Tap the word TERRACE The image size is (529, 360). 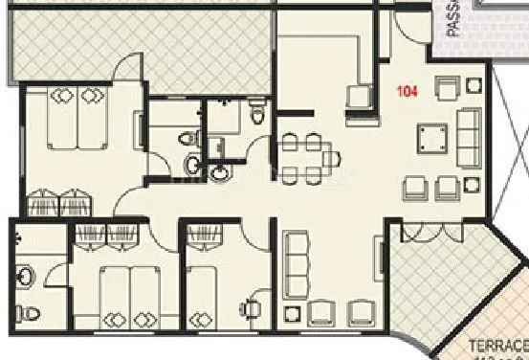[x=497, y=345]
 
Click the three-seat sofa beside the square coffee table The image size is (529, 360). [x=470, y=138]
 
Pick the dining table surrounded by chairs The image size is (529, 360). [x=306, y=152]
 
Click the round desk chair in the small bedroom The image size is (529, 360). [x=251, y=308]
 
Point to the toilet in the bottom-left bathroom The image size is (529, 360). [x=32, y=312]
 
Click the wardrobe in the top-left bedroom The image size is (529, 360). [x=59, y=203]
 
